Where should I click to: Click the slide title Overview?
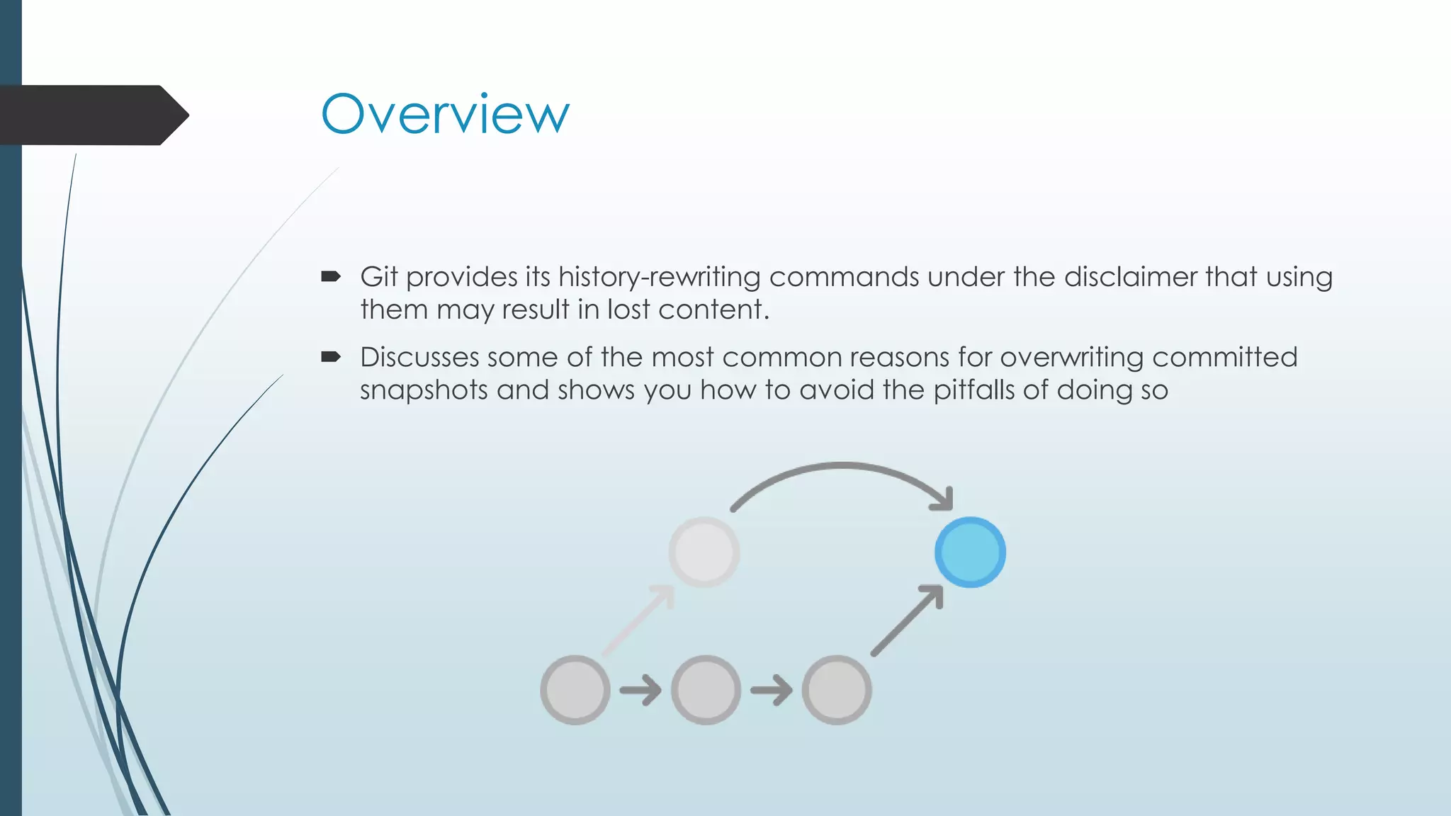pyautogui.click(x=445, y=114)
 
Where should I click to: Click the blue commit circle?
pyautogui.click(x=970, y=552)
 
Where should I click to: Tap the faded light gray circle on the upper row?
pyautogui.click(x=704, y=552)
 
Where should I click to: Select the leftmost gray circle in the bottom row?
pyautogui.click(x=575, y=689)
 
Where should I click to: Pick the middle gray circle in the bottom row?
pyautogui.click(x=706, y=689)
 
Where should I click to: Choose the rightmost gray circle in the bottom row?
pyautogui.click(x=837, y=689)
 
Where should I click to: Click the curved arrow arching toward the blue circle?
pyautogui.click(x=842, y=467)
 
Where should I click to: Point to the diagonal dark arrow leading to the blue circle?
pyautogui.click(x=907, y=620)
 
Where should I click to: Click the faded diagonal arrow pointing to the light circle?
pyautogui.click(x=638, y=620)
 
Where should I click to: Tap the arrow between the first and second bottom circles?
pyautogui.click(x=640, y=690)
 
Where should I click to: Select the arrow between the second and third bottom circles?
pyautogui.click(x=772, y=690)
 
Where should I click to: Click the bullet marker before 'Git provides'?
pyautogui.click(x=331, y=276)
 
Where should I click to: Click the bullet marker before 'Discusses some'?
pyautogui.click(x=331, y=356)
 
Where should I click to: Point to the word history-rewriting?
pyautogui.click(x=659, y=277)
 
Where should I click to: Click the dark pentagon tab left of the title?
pyautogui.click(x=92, y=115)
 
